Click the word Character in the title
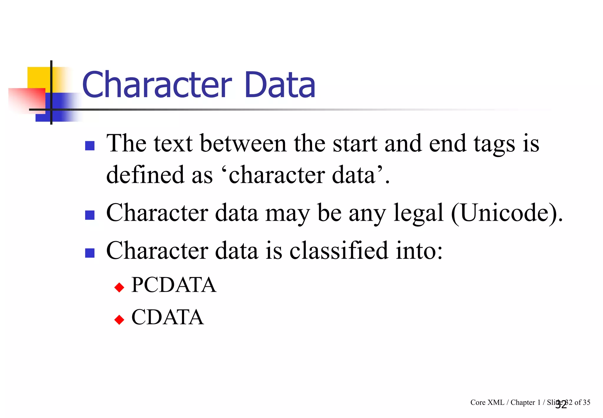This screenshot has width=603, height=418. click(x=157, y=85)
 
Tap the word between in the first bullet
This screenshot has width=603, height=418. click(x=243, y=144)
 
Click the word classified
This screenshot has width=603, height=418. click(x=339, y=250)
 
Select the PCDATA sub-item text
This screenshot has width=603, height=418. click(x=174, y=285)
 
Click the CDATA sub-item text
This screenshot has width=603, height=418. click(x=167, y=317)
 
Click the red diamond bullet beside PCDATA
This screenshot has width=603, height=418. click(x=119, y=287)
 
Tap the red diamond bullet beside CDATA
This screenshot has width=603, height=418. click(x=119, y=320)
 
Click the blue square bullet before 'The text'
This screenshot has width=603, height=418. click(x=90, y=146)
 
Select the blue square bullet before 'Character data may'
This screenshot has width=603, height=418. click(x=90, y=215)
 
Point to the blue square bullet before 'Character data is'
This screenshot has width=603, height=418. click(x=90, y=253)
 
